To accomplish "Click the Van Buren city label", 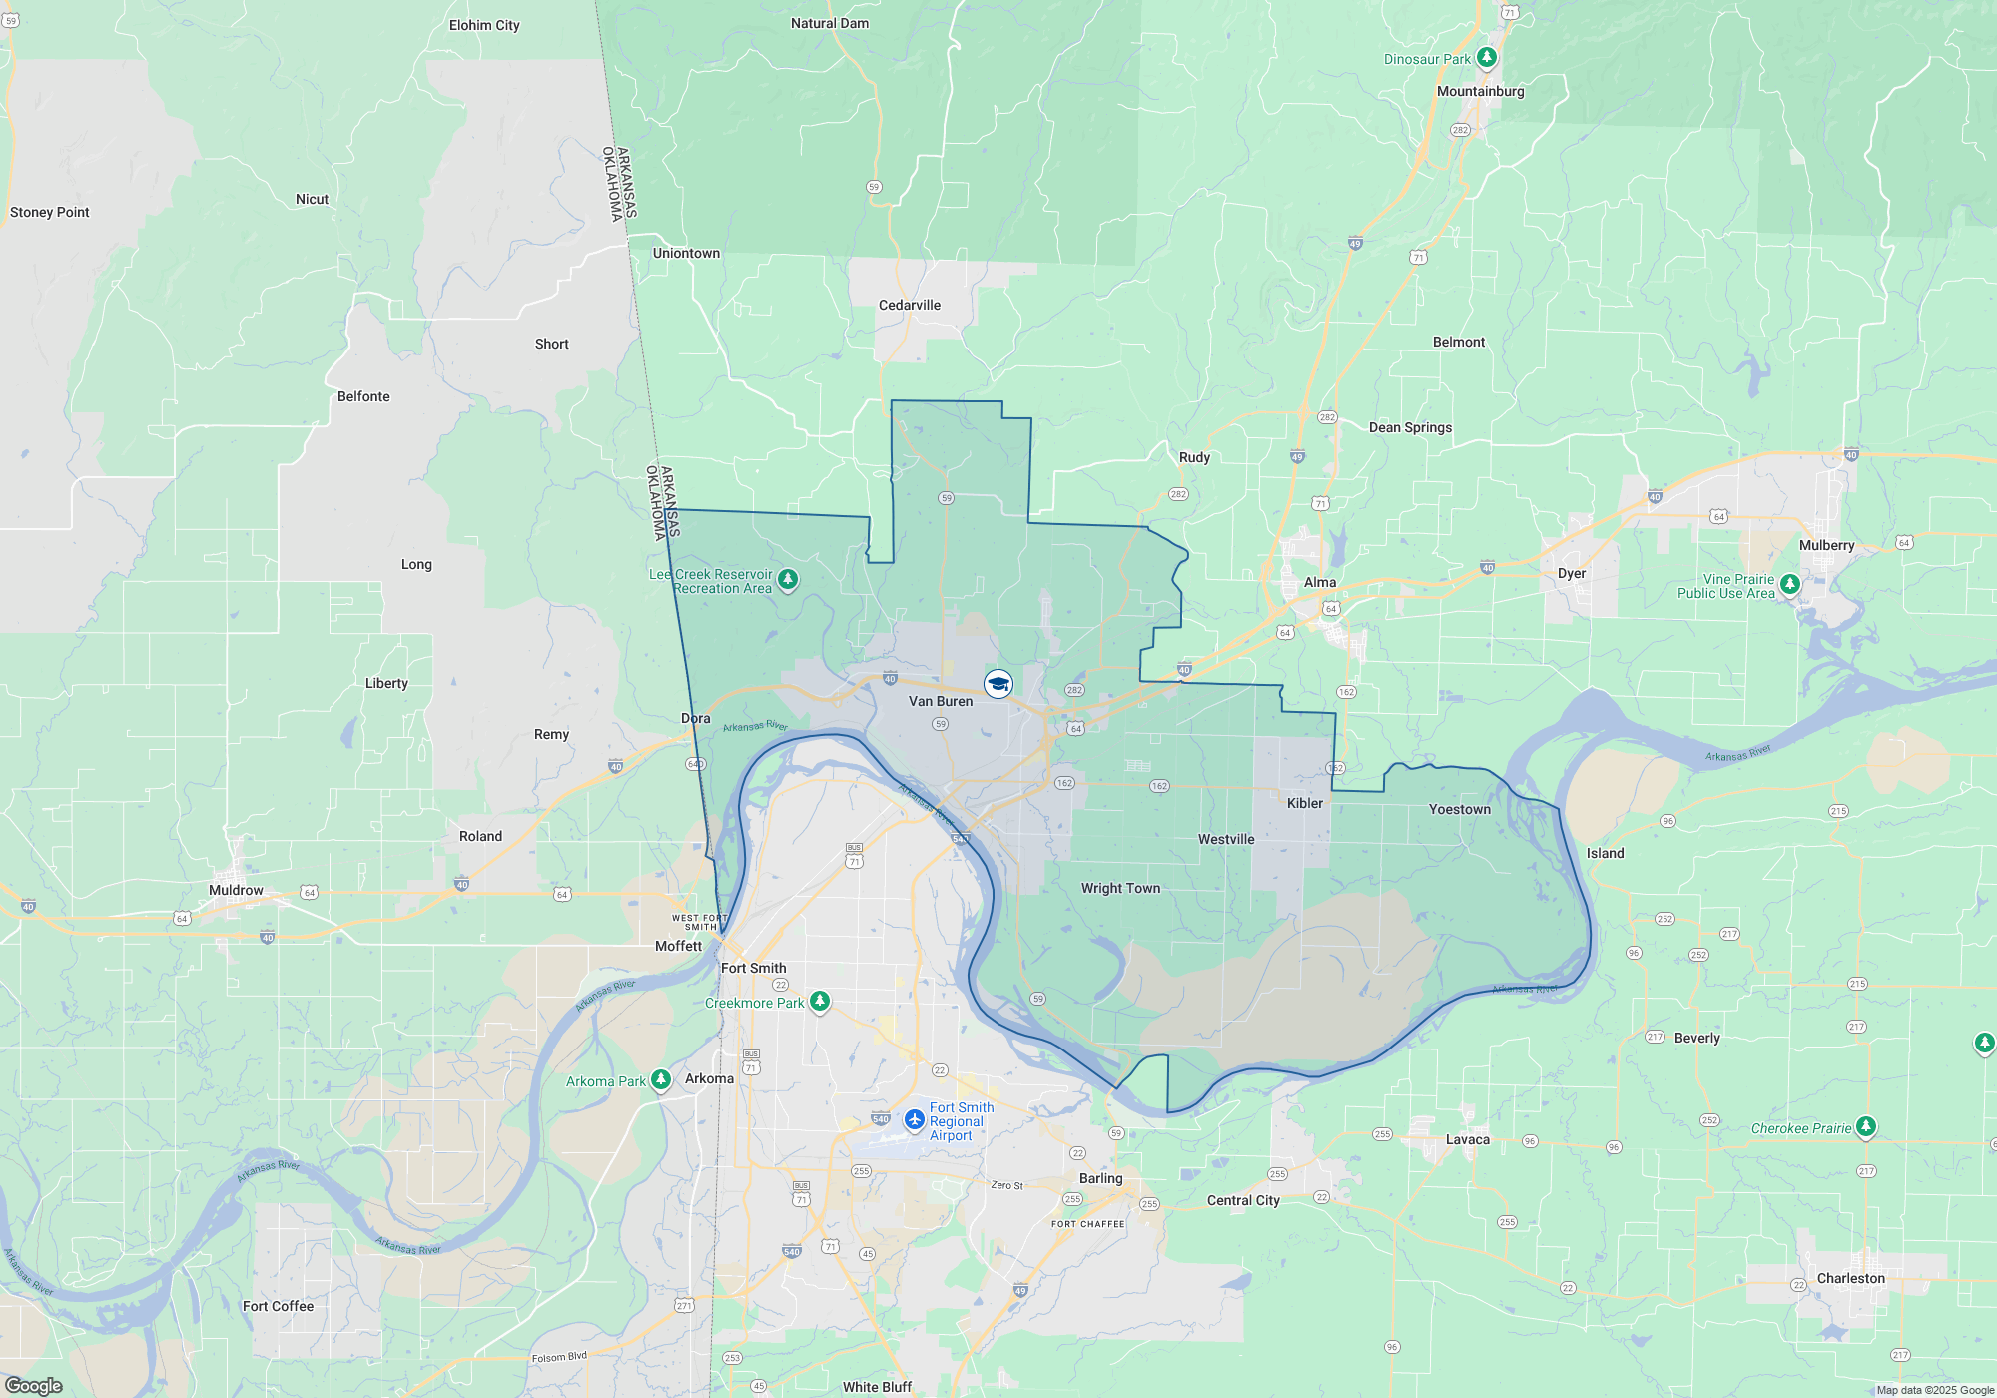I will tap(940, 701).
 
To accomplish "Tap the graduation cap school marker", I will tap(998, 684).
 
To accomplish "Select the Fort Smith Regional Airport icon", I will tap(914, 1120).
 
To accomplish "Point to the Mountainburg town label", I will tap(1480, 91).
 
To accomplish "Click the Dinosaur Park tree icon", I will tap(1486, 58).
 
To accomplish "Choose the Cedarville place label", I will tap(909, 305).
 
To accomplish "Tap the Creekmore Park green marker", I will tap(819, 1001).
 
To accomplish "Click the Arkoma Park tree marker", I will tap(660, 1080).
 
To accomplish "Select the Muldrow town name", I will tap(236, 890).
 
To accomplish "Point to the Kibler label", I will tap(1304, 803).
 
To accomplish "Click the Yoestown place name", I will tap(1459, 809).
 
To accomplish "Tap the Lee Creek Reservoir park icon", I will tap(787, 580).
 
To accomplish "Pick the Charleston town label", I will tap(1850, 1278).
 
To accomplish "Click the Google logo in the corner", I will tap(34, 1385).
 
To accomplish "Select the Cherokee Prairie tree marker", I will tap(1865, 1127).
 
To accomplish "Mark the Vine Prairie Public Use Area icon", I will tap(1789, 584).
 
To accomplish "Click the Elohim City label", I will tap(484, 25).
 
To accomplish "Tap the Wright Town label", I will tap(1120, 888).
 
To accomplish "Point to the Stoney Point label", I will tap(50, 212).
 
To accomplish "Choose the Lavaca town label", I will tap(1467, 1139).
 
